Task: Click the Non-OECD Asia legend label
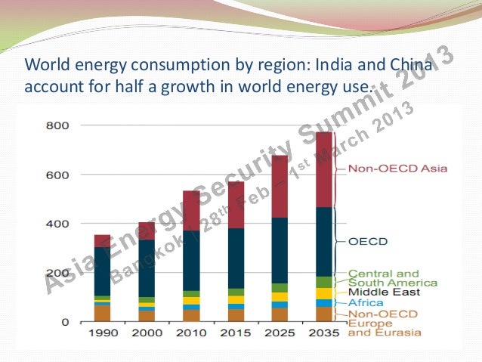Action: (387, 169)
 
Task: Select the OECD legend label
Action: (368, 242)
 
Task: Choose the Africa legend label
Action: (365, 302)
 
